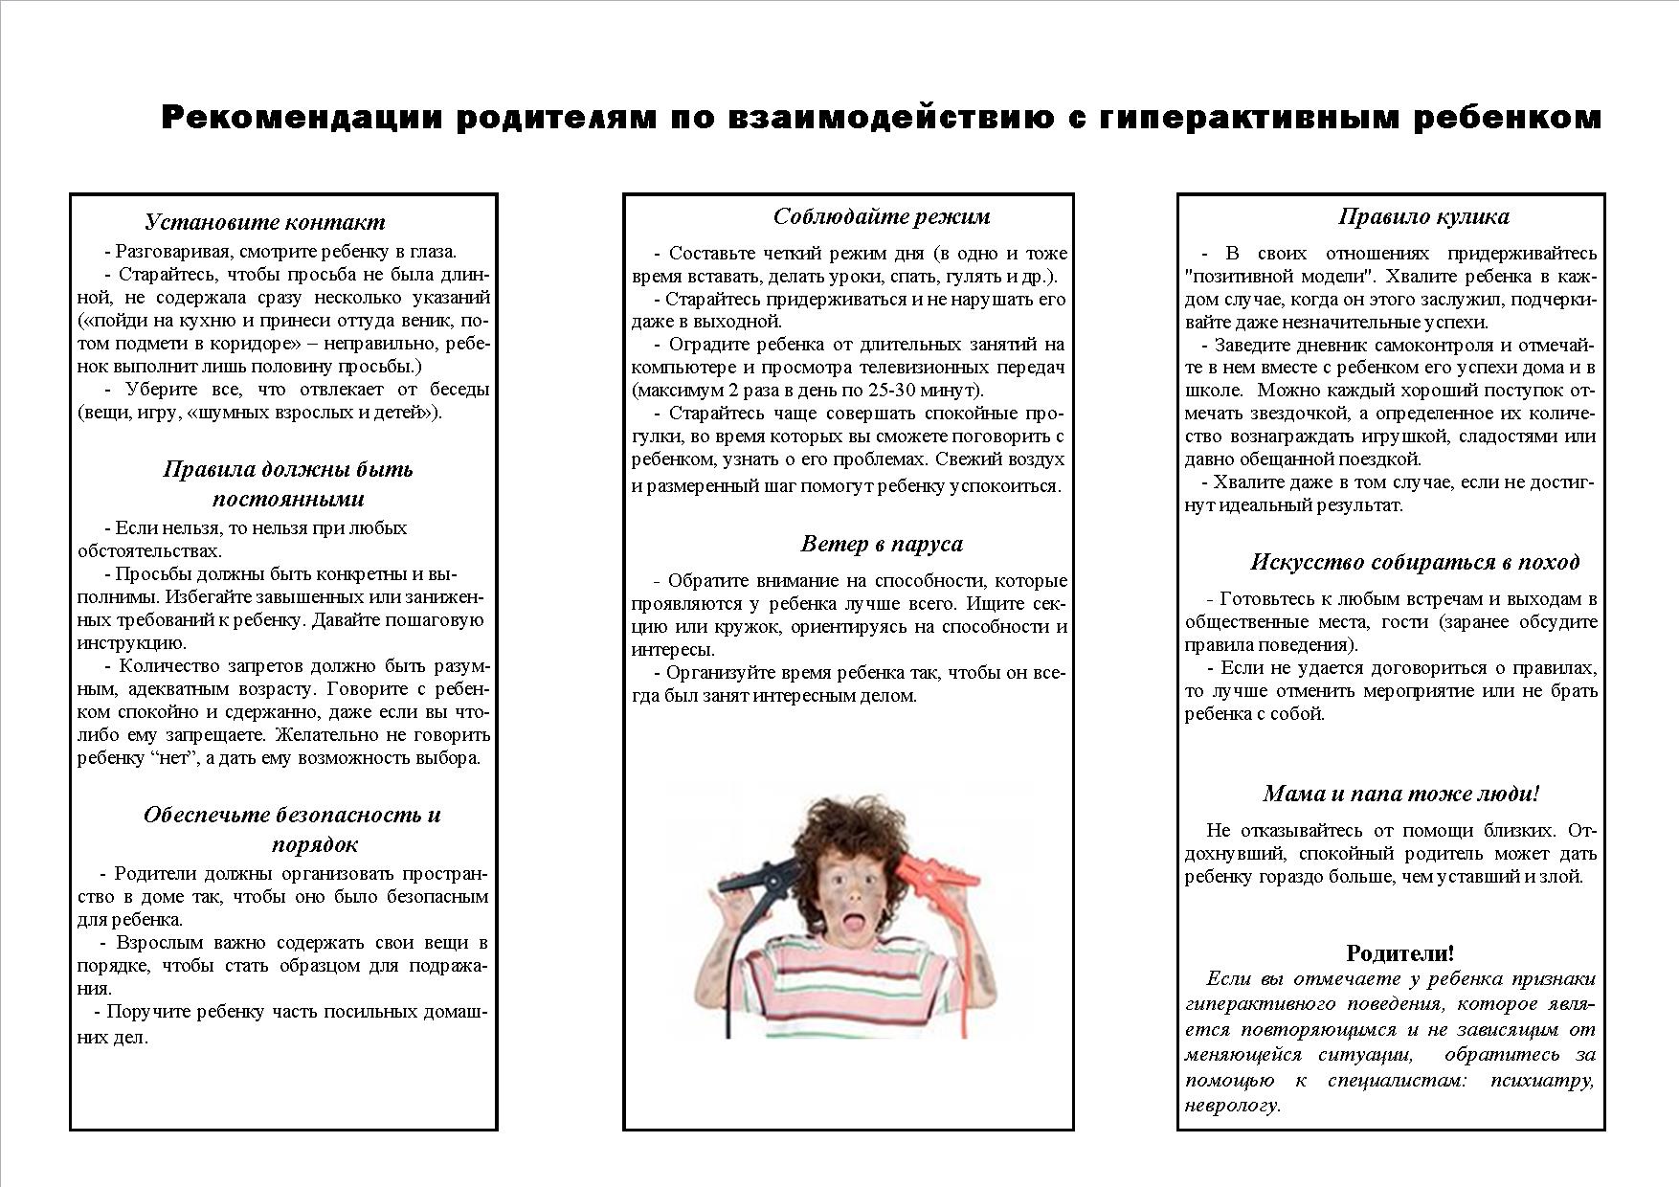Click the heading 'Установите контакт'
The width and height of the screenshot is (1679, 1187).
pyautogui.click(x=264, y=222)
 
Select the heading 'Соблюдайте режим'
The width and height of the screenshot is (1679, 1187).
pyautogui.click(x=881, y=216)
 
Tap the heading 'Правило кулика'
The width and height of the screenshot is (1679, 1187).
pyautogui.click(x=1423, y=216)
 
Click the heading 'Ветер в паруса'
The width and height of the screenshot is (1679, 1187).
pyautogui.click(x=881, y=544)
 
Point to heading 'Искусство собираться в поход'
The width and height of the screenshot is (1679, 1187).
pyautogui.click(x=1414, y=562)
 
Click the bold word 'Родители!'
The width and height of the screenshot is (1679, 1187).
pyautogui.click(x=1399, y=952)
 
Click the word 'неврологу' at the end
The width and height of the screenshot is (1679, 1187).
pyautogui.click(x=1231, y=1105)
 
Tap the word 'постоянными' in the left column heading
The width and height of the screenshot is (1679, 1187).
pyautogui.click(x=288, y=499)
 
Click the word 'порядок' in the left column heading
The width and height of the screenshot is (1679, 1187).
pyautogui.click(x=314, y=844)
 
